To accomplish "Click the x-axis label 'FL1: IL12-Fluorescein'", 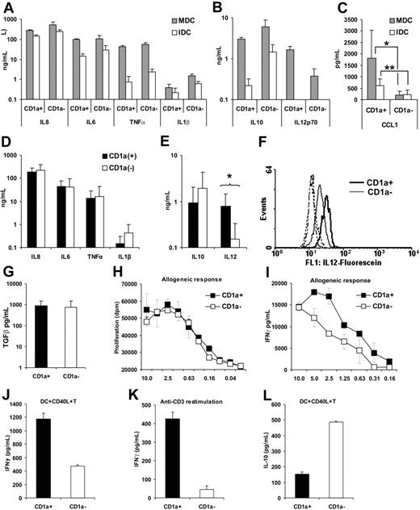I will (x=346, y=240).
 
